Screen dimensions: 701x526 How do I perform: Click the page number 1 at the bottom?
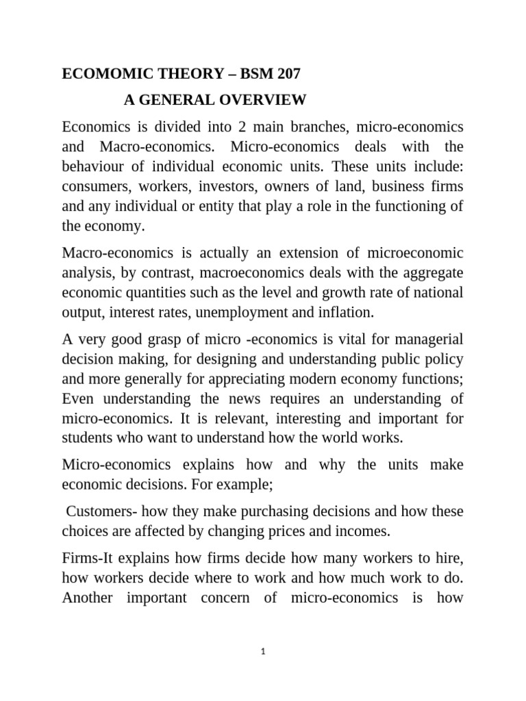point(263,652)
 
